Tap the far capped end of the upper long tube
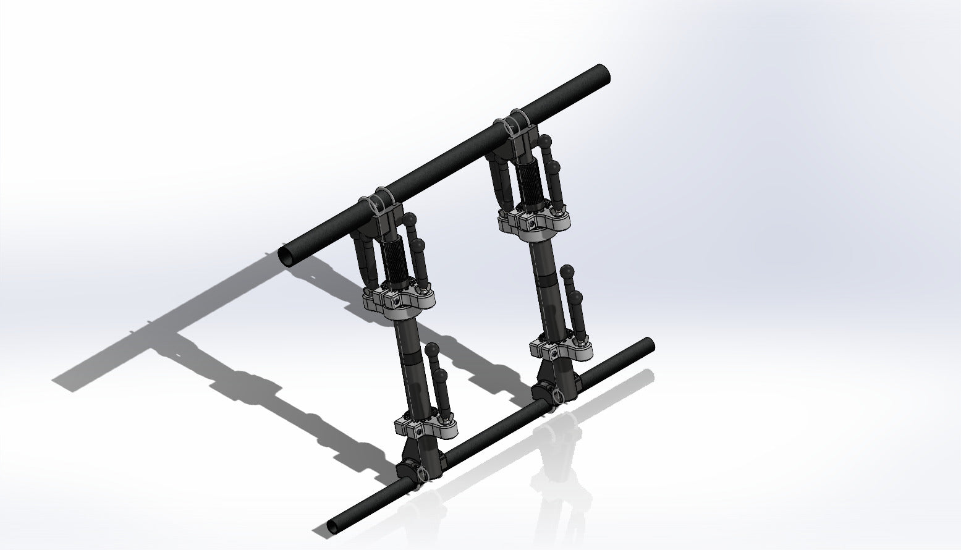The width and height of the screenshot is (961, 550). pyautogui.click(x=603, y=74)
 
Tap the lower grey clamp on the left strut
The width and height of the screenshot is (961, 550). pyautogui.click(x=425, y=427)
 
